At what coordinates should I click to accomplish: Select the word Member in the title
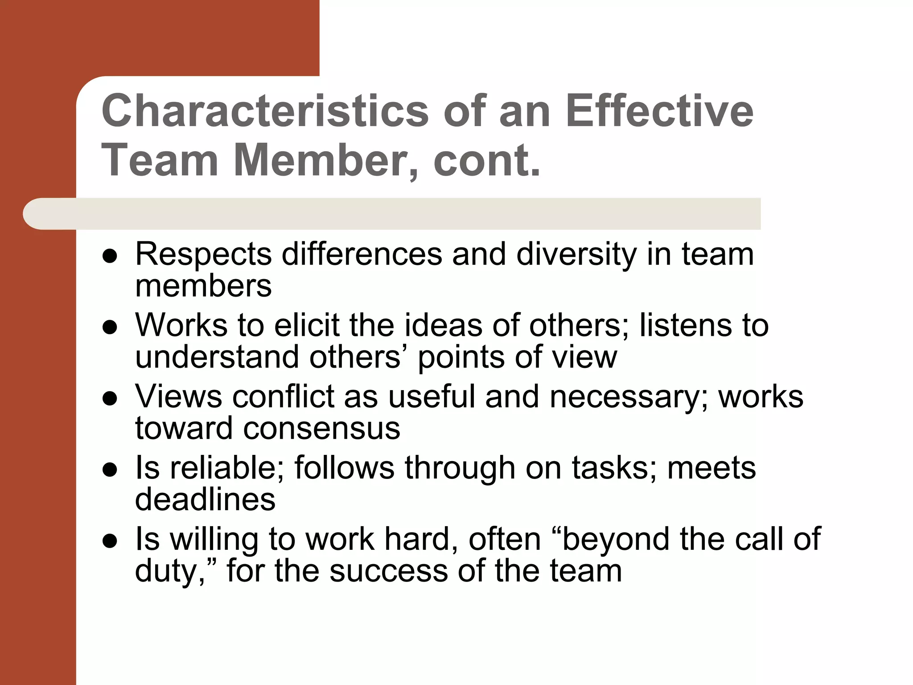(x=320, y=160)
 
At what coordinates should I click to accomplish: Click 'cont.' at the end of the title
(x=487, y=160)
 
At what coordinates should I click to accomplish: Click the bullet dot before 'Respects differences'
(x=110, y=256)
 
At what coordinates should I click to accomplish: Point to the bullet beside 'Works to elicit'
(x=110, y=328)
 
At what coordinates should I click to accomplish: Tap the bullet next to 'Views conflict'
(x=110, y=399)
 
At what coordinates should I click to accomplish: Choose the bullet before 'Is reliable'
(x=110, y=470)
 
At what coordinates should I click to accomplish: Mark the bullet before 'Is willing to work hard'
(x=110, y=541)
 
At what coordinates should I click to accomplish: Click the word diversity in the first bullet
(x=576, y=254)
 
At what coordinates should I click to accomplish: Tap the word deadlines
(x=205, y=499)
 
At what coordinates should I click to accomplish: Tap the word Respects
(x=203, y=254)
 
